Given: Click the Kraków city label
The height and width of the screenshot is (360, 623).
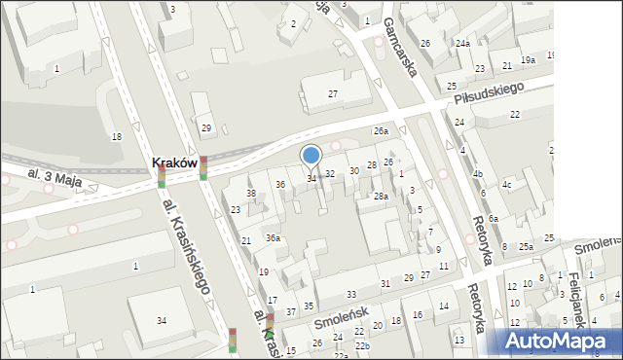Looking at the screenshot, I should click(x=176, y=163).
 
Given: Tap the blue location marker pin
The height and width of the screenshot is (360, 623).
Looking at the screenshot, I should click(x=311, y=156).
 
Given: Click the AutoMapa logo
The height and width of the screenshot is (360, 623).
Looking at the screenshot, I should click(x=557, y=340).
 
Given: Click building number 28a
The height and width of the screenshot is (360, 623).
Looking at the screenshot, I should click(x=381, y=197).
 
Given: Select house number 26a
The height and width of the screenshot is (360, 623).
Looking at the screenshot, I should click(x=381, y=130).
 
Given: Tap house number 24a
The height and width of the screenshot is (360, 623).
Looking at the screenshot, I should click(x=462, y=44).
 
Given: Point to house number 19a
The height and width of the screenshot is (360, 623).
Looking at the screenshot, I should click(x=528, y=60).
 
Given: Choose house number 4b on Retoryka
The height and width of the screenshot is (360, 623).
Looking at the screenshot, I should click(x=477, y=174).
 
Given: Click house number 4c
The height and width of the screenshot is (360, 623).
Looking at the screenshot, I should click(x=506, y=185).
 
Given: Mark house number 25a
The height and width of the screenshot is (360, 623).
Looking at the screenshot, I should click(x=526, y=247).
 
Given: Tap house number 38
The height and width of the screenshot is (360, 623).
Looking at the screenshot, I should click(x=250, y=194).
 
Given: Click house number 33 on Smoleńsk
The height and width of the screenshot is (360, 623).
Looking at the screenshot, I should click(x=350, y=294).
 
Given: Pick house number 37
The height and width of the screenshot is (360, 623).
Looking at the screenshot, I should click(x=291, y=311).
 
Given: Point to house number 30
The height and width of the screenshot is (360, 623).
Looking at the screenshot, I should click(x=354, y=170).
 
